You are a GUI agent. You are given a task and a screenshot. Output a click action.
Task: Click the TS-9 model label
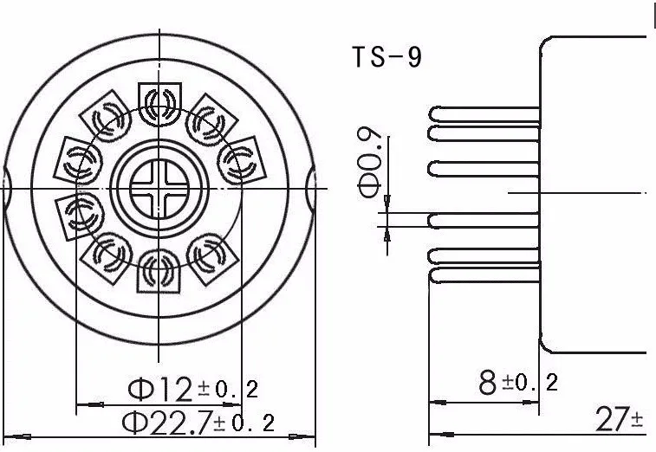(386, 57)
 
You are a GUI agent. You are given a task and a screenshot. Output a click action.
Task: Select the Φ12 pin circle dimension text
(193, 389)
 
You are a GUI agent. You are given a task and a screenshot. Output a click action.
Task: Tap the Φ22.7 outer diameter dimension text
(198, 423)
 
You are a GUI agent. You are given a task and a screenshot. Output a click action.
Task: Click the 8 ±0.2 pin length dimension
(518, 383)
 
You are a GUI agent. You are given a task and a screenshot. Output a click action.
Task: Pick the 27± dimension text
(620, 419)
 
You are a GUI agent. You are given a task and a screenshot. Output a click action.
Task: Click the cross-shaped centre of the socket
(159, 189)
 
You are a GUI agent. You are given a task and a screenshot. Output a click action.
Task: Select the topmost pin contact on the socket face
(159, 104)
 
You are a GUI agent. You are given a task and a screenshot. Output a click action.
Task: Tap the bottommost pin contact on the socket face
(159, 271)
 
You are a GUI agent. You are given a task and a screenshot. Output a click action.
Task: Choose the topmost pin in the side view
(484, 113)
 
